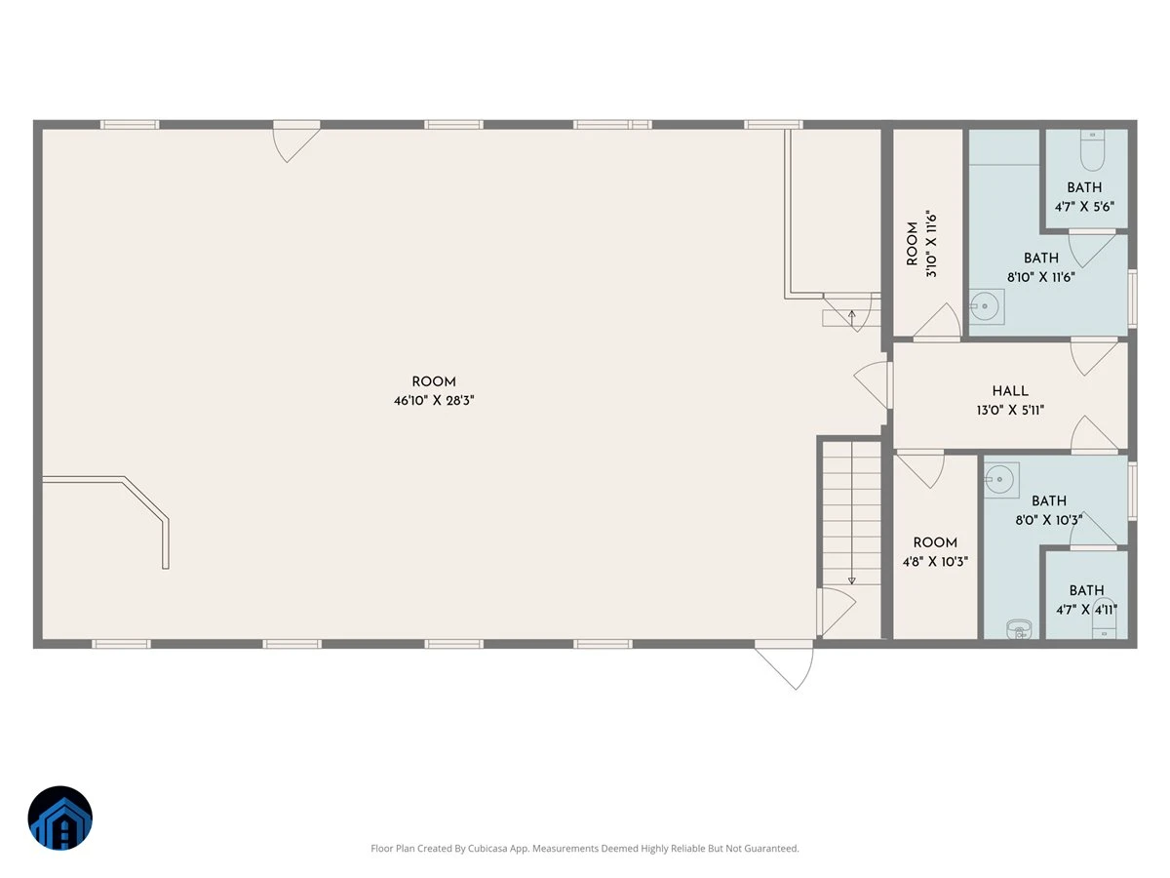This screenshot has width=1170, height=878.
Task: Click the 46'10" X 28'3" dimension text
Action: pyautogui.click(x=433, y=400)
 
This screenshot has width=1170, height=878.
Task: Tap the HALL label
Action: pyautogui.click(x=1010, y=391)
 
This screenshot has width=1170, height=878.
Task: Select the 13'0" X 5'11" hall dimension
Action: pyautogui.click(x=1009, y=410)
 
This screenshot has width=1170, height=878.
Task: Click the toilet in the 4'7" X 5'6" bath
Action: pyautogui.click(x=1092, y=151)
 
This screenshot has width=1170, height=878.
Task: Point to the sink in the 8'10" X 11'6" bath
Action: pyautogui.click(x=986, y=306)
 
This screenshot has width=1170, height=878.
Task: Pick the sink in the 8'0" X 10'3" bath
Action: pyautogui.click(x=1001, y=480)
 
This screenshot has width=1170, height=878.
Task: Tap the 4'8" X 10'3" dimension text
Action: pyautogui.click(x=935, y=561)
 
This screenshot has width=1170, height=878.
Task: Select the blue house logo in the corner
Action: pyautogui.click(x=60, y=818)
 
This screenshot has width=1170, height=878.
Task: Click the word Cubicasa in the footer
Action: pyautogui.click(x=487, y=848)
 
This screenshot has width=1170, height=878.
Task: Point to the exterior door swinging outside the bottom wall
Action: pyautogui.click(x=785, y=666)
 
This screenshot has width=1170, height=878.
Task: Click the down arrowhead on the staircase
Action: pyautogui.click(x=852, y=580)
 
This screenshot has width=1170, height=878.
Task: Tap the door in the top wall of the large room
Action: pyautogui.click(x=296, y=141)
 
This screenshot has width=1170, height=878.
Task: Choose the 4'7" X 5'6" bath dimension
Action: pyautogui.click(x=1084, y=206)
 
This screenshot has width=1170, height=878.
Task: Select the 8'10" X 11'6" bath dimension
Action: pyautogui.click(x=1040, y=277)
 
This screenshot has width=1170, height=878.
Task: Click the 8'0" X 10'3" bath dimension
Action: pyautogui.click(x=1048, y=520)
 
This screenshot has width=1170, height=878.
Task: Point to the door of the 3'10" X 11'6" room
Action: pyautogui.click(x=937, y=321)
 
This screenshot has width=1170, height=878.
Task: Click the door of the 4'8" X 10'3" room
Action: pyautogui.click(x=920, y=469)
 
